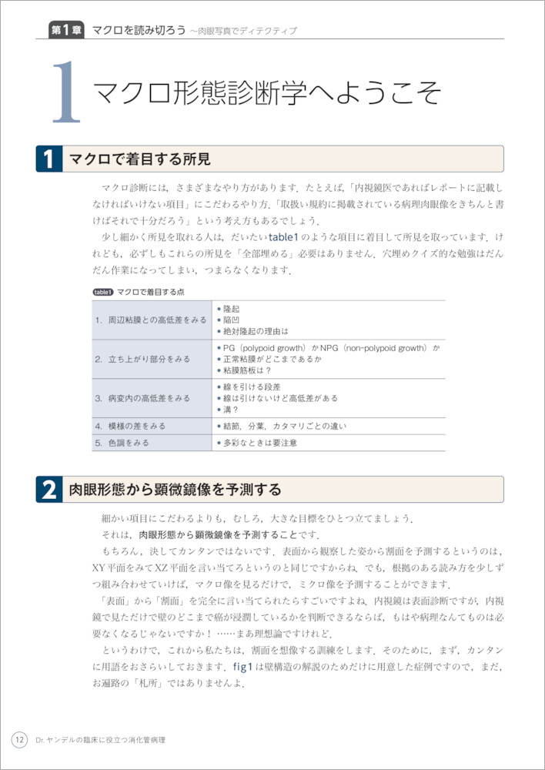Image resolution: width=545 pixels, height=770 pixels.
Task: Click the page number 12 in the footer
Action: pyautogui.click(x=19, y=740)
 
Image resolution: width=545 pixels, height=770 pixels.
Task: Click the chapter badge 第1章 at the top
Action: pyautogui.click(x=65, y=30)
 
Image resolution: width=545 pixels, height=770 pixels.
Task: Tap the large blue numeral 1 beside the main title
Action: pyautogui.click(x=66, y=93)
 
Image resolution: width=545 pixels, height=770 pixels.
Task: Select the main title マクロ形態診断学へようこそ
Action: pyautogui.click(x=266, y=92)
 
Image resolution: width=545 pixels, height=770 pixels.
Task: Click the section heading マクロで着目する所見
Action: pyautogui.click(x=139, y=159)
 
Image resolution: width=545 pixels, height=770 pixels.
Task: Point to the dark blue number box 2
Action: pyautogui.click(x=48, y=490)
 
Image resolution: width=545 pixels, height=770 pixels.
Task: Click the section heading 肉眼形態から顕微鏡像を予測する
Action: pyautogui.click(x=175, y=490)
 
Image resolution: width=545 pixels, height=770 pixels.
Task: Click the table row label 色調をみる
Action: pyautogui.click(x=122, y=443)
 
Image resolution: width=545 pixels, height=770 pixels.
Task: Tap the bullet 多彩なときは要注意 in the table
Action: pyautogui.click(x=259, y=443)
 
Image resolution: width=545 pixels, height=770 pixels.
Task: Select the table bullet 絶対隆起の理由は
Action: pyautogui.click(x=254, y=331)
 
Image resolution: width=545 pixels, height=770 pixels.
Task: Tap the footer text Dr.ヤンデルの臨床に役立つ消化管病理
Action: pyautogui.click(x=100, y=740)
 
